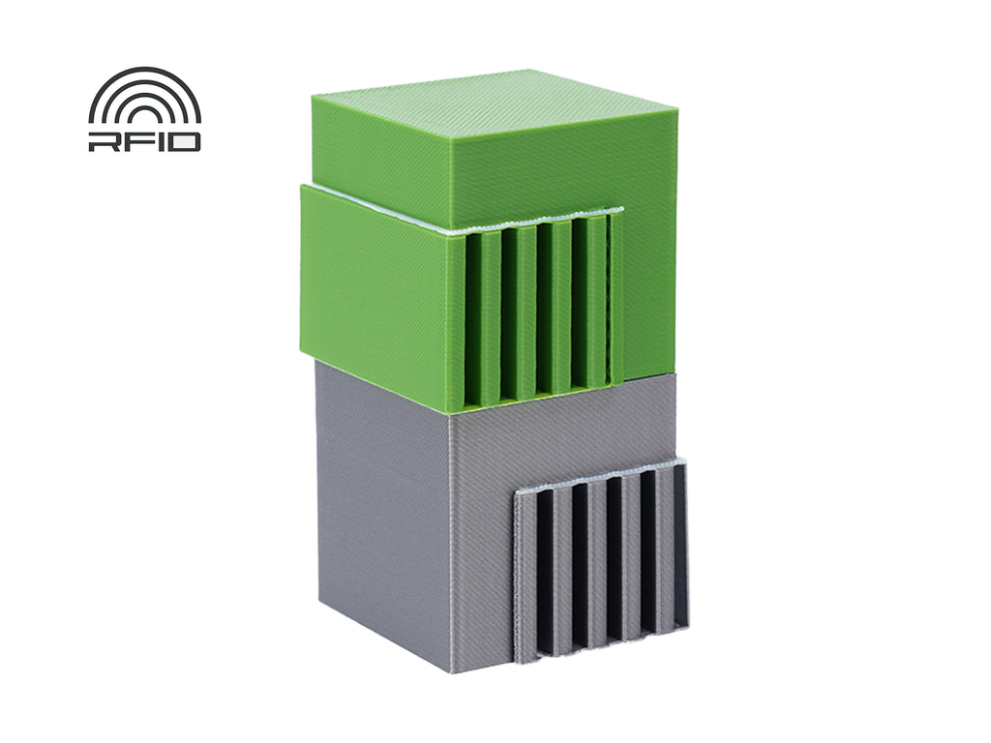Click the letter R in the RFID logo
click(x=101, y=141)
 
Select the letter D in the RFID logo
click(x=179, y=141)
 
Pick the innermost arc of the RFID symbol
click(x=144, y=108)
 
